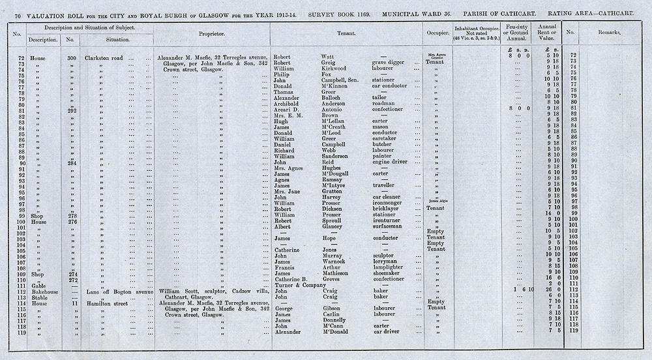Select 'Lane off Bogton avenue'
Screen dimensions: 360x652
point(119,291)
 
